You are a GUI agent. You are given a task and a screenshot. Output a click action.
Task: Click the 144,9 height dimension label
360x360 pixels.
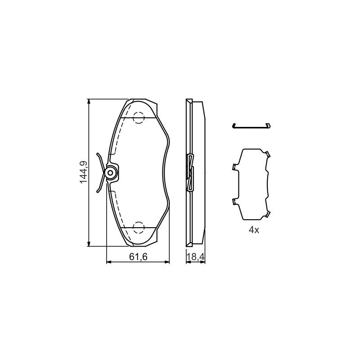click(x=83, y=172)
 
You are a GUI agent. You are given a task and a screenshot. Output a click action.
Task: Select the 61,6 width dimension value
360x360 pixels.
click(x=138, y=257)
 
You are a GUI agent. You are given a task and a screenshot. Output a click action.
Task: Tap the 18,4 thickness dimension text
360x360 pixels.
click(x=196, y=257)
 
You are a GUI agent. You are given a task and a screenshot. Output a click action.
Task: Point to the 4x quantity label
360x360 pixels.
click(x=254, y=230)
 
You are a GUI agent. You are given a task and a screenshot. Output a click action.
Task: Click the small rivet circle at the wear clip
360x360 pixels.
click(x=110, y=173)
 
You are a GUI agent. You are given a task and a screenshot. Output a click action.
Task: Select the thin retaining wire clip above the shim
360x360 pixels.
click(x=252, y=126)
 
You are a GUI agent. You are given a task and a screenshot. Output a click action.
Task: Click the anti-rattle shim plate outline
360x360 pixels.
click(x=239, y=184)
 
